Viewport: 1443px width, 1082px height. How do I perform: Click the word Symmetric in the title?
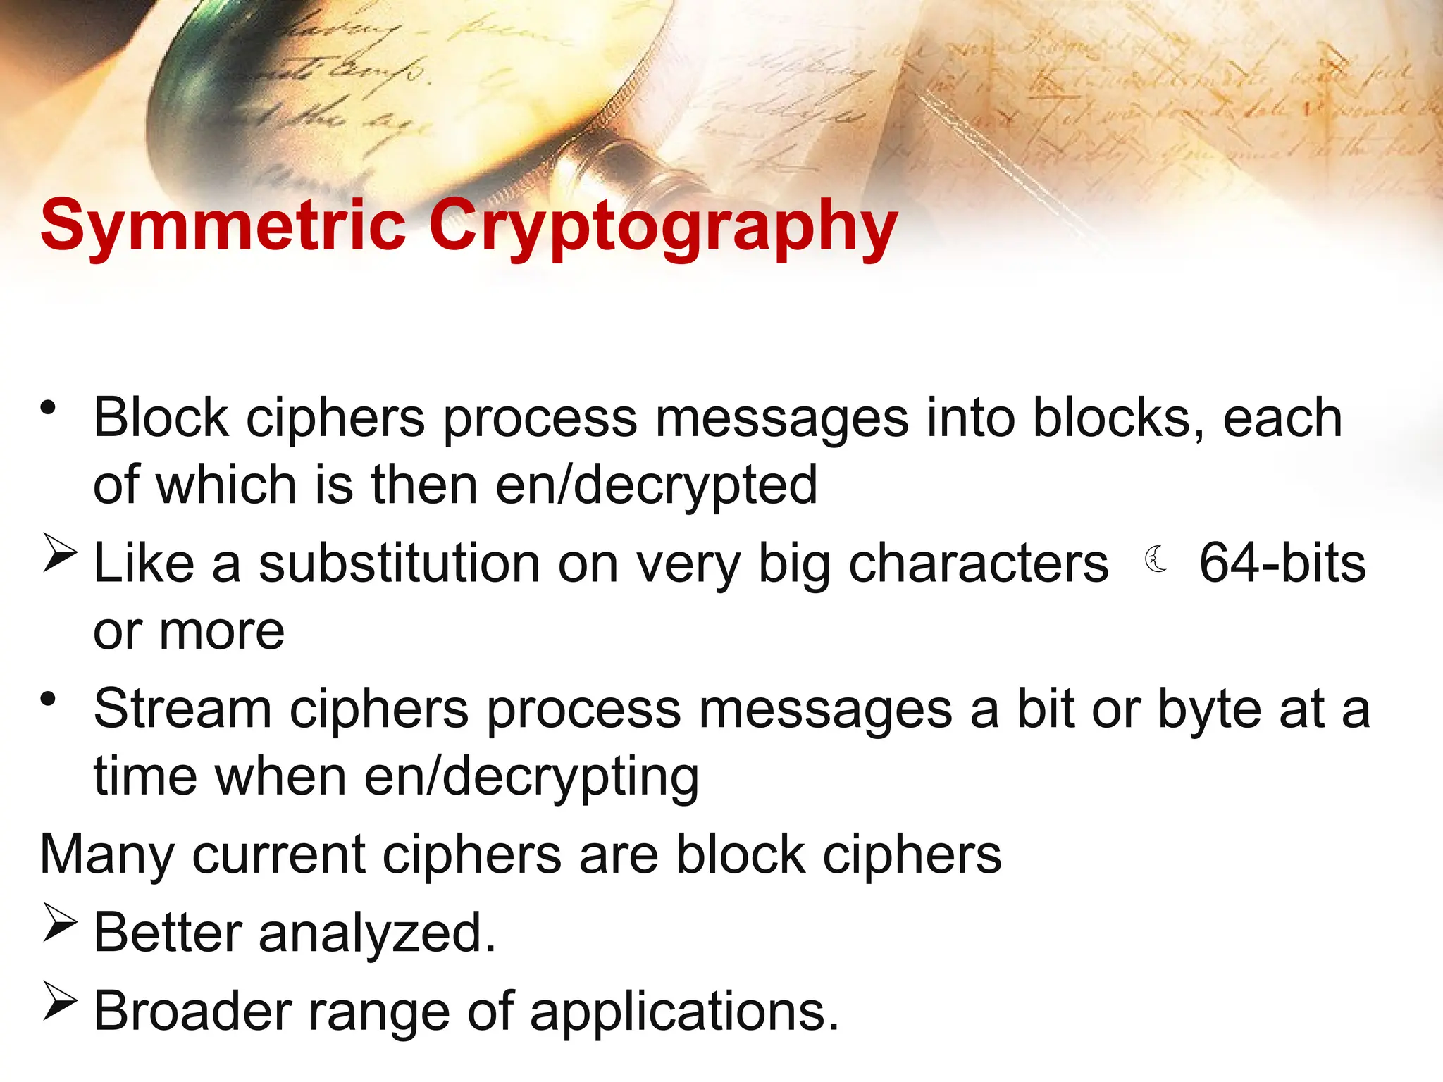[x=223, y=225]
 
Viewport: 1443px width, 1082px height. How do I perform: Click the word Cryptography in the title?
[x=662, y=227]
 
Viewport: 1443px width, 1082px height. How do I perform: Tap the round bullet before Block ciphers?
[x=48, y=408]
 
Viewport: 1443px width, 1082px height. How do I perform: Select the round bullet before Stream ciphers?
[x=48, y=699]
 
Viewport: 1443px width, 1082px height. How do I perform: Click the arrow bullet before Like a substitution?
[x=59, y=554]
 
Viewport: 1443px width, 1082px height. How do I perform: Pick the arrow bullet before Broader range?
[x=59, y=1001]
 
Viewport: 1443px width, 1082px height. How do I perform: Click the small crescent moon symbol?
[x=1155, y=560]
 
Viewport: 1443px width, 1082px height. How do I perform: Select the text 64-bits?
[x=1282, y=564]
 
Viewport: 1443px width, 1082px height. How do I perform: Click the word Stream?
[x=182, y=709]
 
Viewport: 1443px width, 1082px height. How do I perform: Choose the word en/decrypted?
[x=656, y=486]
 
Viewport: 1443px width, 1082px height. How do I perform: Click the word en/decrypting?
[x=531, y=778]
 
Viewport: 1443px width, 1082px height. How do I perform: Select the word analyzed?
[x=378, y=933]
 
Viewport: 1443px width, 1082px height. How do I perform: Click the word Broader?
[x=192, y=1012]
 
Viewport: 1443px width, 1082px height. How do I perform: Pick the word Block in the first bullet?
[x=161, y=418]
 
